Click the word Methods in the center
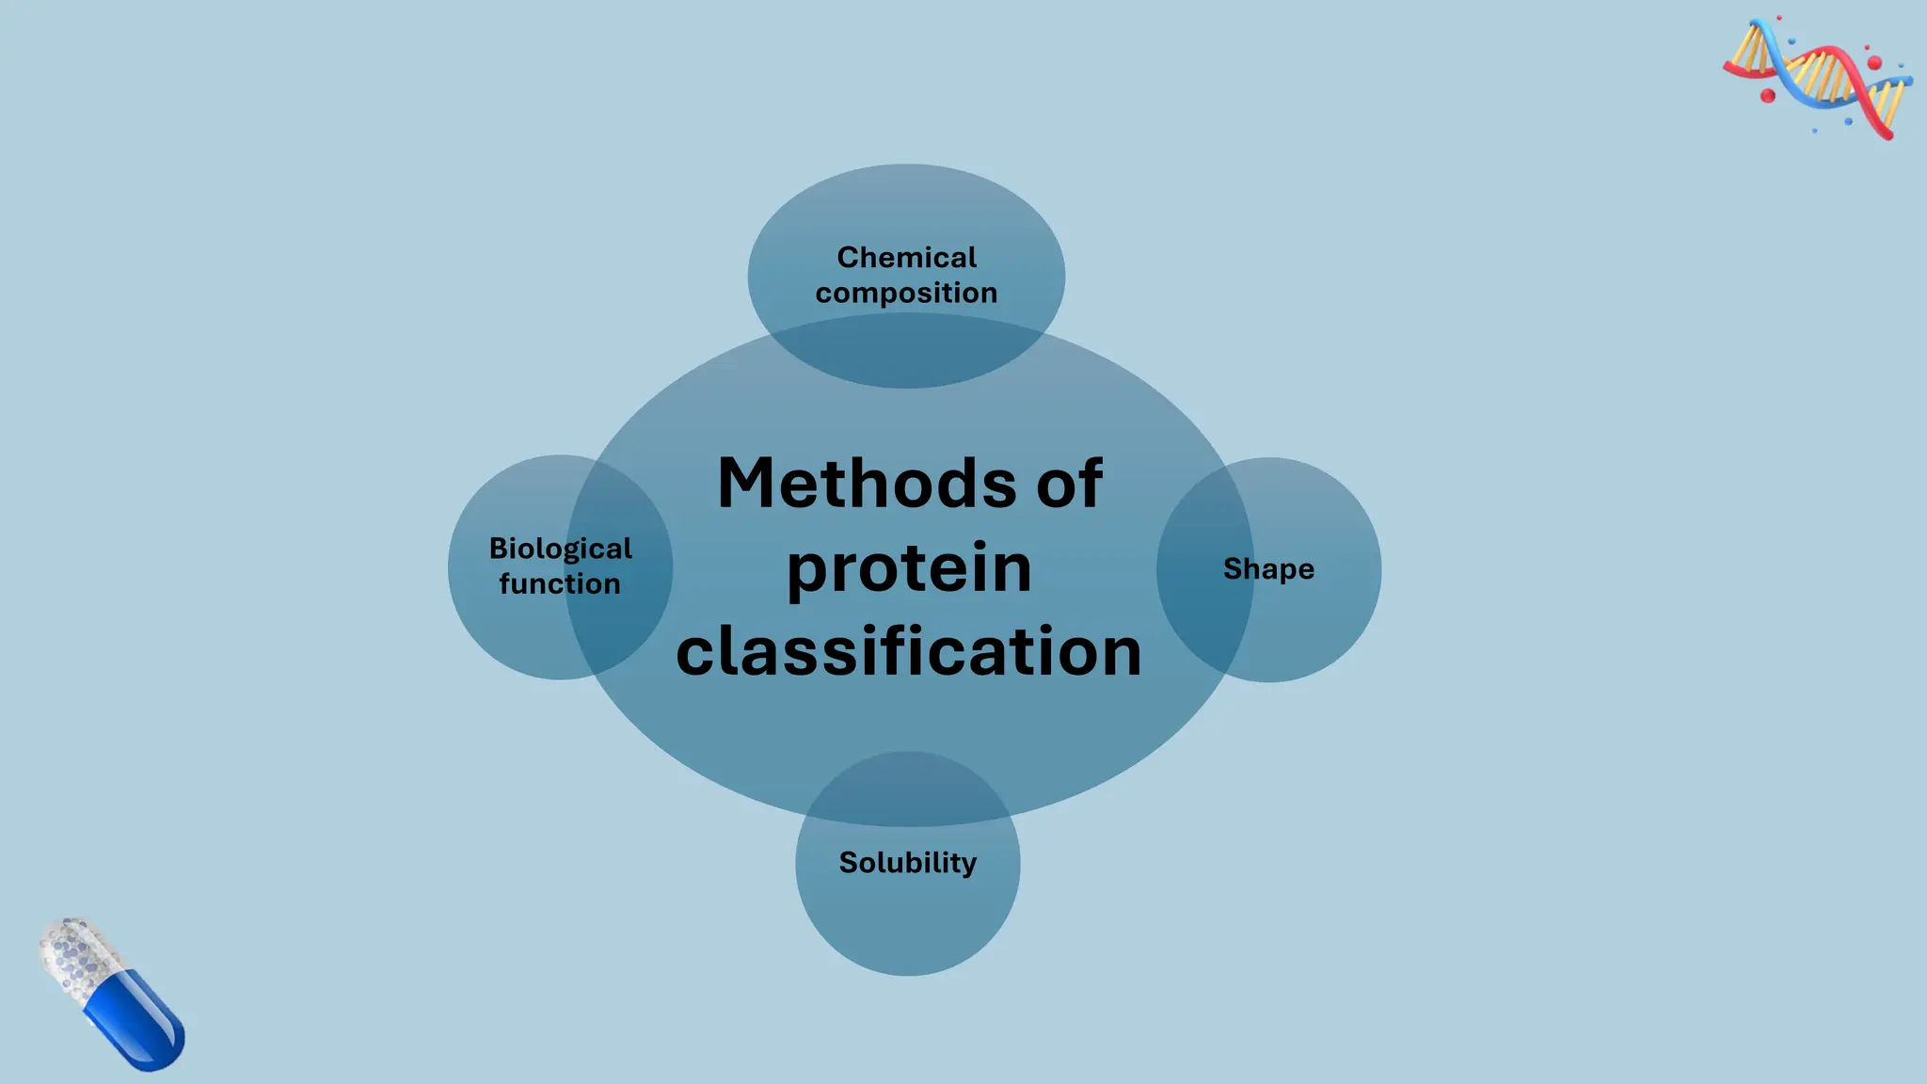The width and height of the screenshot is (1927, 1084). (x=866, y=484)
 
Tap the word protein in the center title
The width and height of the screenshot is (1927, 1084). (x=909, y=568)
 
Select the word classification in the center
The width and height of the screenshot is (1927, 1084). (x=909, y=651)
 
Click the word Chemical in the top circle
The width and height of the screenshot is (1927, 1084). (x=907, y=257)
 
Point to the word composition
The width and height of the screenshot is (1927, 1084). (x=906, y=293)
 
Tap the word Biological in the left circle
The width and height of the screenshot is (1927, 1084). (x=560, y=549)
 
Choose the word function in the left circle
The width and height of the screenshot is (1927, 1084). (x=560, y=583)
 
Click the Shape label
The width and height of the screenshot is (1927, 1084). (x=1268, y=568)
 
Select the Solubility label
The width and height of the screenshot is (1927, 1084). (x=907, y=862)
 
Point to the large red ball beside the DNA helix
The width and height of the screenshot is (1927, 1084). (x=1767, y=96)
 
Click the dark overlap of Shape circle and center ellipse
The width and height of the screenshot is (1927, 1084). (x=1204, y=570)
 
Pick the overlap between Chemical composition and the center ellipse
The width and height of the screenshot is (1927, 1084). (x=907, y=353)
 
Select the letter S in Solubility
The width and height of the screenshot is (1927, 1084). (x=848, y=862)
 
